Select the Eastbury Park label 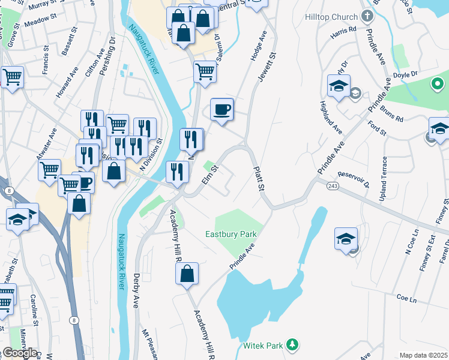pos(231,234)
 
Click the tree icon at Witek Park pos(292,344)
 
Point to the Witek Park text pos(263,346)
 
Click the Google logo pos(19,353)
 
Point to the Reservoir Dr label pos(353,178)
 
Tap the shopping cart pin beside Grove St pos(12,77)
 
